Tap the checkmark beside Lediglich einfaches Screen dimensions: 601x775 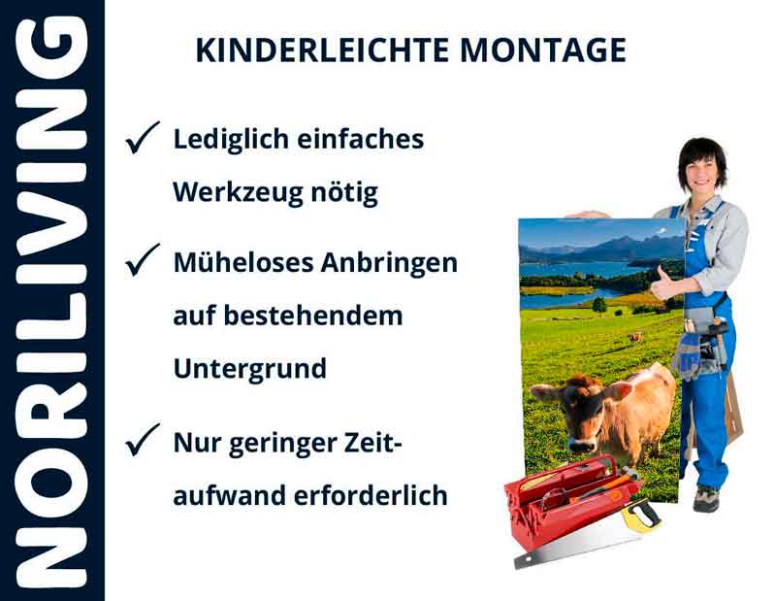(142, 140)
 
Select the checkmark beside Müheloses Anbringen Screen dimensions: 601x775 (142, 260)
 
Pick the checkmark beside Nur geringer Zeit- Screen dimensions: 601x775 (142, 443)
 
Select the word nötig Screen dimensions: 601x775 (348, 192)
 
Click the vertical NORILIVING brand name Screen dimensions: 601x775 (52, 301)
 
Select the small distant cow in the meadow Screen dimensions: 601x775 (634, 337)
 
